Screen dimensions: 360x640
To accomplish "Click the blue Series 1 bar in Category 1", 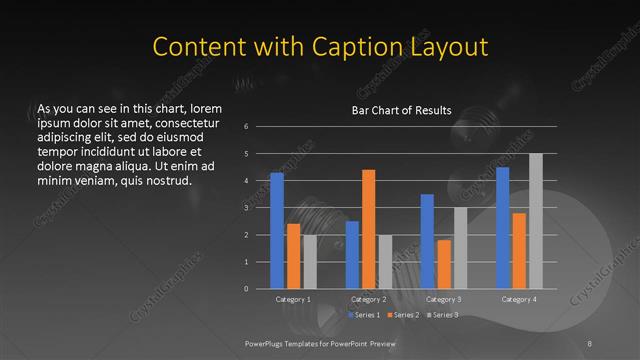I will tap(277, 231).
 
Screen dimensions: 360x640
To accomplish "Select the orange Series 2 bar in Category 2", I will tap(368, 229).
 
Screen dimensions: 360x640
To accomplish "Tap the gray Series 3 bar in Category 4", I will tap(536, 221).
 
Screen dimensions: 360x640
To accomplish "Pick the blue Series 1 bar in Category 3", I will tap(427, 241).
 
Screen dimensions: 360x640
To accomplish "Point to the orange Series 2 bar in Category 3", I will tap(444, 264).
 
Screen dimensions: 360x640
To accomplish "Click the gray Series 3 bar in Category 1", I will tap(310, 261).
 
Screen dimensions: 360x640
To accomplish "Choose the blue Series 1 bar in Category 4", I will tap(502, 228).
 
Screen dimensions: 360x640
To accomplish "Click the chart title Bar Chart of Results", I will tap(400, 110).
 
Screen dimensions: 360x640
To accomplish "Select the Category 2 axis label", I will tap(369, 299).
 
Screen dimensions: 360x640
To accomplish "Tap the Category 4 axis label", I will tap(519, 299).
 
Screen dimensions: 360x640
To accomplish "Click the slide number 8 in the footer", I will tap(590, 343).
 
